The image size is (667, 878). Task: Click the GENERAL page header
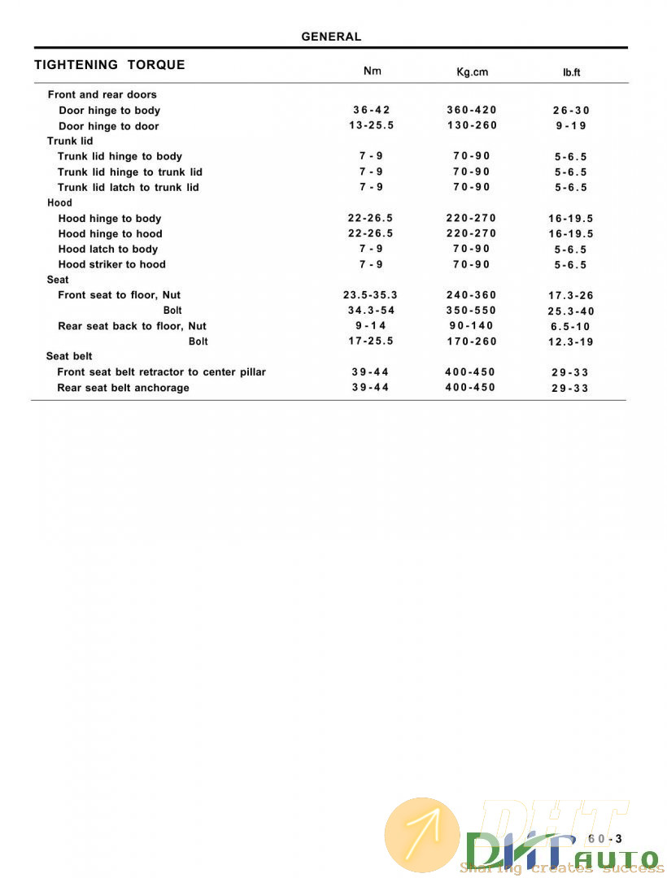pyautogui.click(x=331, y=37)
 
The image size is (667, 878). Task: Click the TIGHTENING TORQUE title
pyautogui.click(x=110, y=65)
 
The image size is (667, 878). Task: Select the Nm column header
pyautogui.click(x=372, y=71)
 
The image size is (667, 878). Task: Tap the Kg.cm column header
pyautogui.click(x=472, y=72)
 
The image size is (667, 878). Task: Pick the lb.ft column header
pyautogui.click(x=571, y=72)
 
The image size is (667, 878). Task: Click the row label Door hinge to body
pyautogui.click(x=109, y=111)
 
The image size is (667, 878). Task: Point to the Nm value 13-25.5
pyautogui.click(x=371, y=125)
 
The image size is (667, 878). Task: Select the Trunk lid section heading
pyautogui.click(x=70, y=141)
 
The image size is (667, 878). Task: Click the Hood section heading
pyautogui.click(x=59, y=202)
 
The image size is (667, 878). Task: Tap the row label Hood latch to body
pyautogui.click(x=107, y=250)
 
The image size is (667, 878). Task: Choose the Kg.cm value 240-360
pyautogui.click(x=472, y=295)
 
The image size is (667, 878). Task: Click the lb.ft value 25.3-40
pyautogui.click(x=571, y=311)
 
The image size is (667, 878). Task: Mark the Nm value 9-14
pyautogui.click(x=371, y=325)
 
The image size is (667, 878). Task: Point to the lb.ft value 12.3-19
pyautogui.click(x=571, y=342)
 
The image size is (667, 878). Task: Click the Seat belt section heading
pyautogui.click(x=69, y=356)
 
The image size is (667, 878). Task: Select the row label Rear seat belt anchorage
pyautogui.click(x=123, y=388)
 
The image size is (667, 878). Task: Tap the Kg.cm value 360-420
pyautogui.click(x=472, y=110)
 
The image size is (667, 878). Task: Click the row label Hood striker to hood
pyautogui.click(x=111, y=264)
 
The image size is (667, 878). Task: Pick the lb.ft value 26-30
pyautogui.click(x=571, y=111)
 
